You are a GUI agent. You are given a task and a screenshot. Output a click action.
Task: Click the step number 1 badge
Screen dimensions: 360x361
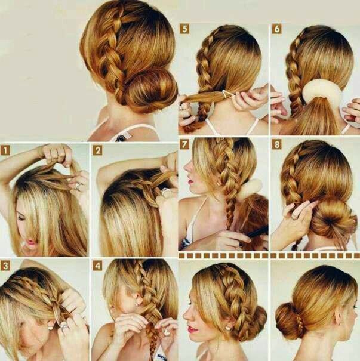tap(5, 151)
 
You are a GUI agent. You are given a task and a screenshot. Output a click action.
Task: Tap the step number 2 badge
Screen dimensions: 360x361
tap(98, 151)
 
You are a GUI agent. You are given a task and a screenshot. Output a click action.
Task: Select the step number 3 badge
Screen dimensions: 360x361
tap(5, 266)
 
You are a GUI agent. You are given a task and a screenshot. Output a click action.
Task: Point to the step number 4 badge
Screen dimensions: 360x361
tap(98, 266)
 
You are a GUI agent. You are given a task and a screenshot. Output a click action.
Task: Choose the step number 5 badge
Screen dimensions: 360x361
tap(184, 29)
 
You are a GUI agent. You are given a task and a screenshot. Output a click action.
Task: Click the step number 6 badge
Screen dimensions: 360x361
tap(277, 29)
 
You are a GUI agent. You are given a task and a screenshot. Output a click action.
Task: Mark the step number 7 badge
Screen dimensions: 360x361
tap(184, 144)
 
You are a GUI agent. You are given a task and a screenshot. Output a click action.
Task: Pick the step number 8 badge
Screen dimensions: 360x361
tap(277, 144)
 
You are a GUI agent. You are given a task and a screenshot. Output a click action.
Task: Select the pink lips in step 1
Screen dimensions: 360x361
tap(30, 242)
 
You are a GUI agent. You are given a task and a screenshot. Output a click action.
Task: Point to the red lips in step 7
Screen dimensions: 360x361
tap(190, 181)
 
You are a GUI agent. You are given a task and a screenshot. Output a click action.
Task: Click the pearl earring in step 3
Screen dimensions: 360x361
tap(50, 328)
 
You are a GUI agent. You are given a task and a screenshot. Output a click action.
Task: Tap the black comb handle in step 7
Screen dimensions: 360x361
tap(257, 232)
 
